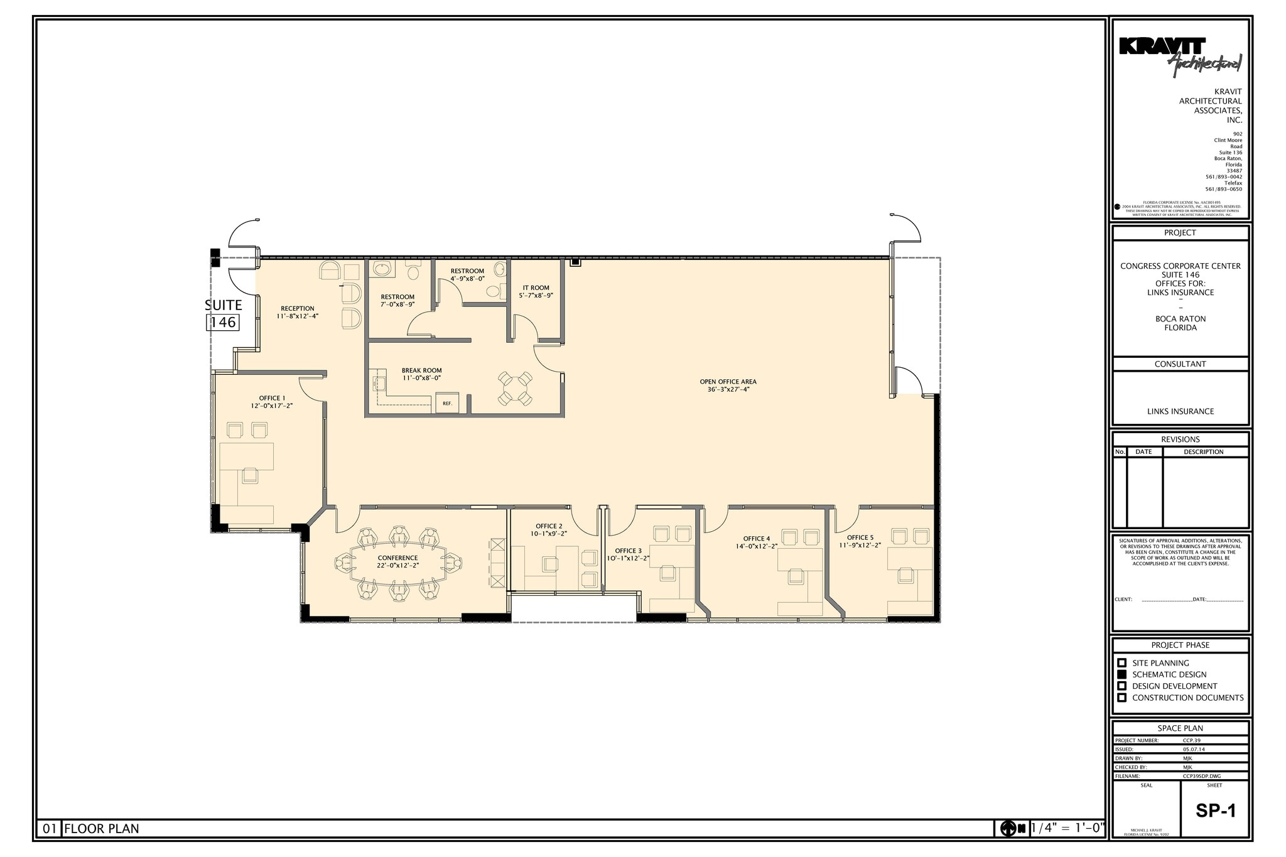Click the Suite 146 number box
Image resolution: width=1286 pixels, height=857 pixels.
click(223, 322)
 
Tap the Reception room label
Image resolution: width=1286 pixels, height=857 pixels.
click(298, 308)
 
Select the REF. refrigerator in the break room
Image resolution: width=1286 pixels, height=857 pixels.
click(448, 403)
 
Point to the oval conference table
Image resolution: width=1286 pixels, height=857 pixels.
click(397, 563)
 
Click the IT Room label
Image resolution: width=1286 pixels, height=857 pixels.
click(536, 288)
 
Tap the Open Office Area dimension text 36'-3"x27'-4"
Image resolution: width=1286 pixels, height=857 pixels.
click(728, 389)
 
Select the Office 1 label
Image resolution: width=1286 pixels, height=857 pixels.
click(272, 398)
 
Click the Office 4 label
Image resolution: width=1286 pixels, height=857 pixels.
click(756, 539)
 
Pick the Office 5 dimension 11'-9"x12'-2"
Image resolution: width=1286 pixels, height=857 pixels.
click(860, 546)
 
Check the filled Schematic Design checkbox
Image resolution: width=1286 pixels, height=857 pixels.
click(1122, 674)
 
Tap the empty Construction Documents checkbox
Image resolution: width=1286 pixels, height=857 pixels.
click(1122, 698)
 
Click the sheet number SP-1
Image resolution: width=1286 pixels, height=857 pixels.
click(1216, 811)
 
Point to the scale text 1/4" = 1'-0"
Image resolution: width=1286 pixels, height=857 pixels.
click(1067, 828)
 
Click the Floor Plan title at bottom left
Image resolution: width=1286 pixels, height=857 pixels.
click(102, 829)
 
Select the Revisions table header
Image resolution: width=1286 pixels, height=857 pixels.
click(1180, 439)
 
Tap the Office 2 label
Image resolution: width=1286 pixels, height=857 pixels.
click(549, 526)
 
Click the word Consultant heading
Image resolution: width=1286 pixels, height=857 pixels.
click(1180, 364)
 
